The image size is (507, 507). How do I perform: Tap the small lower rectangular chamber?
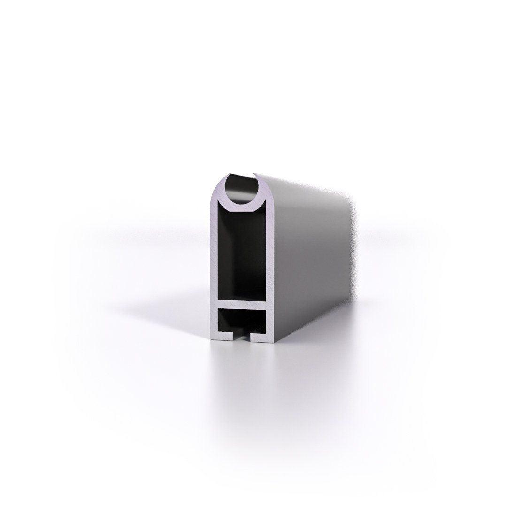pos(241,321)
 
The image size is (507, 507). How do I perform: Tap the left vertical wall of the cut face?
pos(213,263)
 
